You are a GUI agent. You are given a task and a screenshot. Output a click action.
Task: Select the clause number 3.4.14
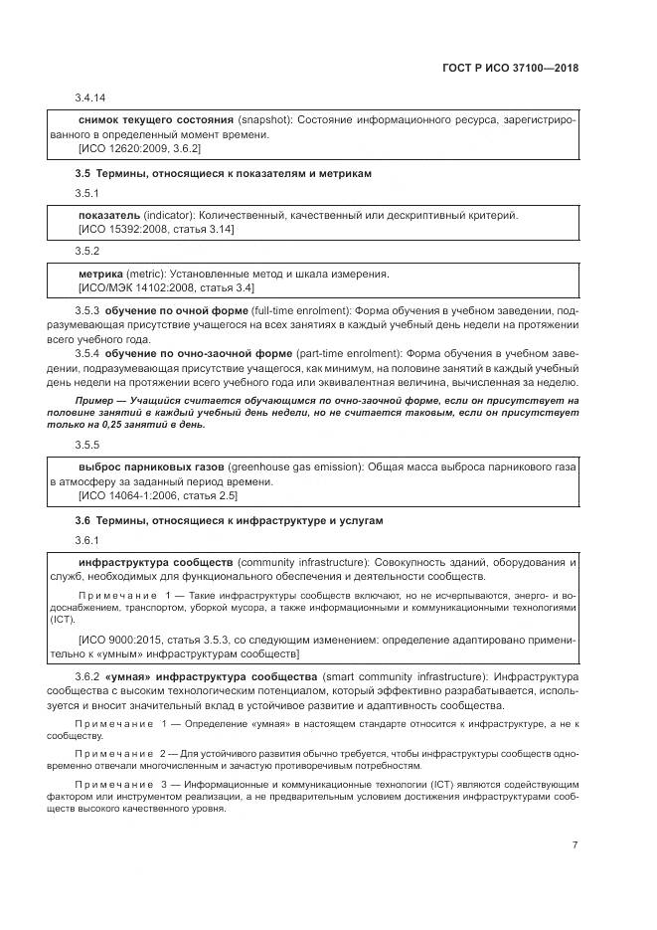coord(90,97)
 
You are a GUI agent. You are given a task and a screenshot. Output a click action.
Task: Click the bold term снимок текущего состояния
coord(155,118)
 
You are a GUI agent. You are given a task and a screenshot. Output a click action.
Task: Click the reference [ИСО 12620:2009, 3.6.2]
coord(139,148)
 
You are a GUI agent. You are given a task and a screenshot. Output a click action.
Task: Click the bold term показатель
coord(108,215)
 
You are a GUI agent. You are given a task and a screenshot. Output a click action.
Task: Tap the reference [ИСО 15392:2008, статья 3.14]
coord(156,229)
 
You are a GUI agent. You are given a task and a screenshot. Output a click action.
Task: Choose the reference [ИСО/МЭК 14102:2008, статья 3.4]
coord(166,287)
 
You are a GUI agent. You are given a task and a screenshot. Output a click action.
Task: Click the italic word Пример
coord(96,400)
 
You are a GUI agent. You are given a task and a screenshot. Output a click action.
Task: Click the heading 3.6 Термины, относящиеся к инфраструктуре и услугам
coord(229,520)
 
